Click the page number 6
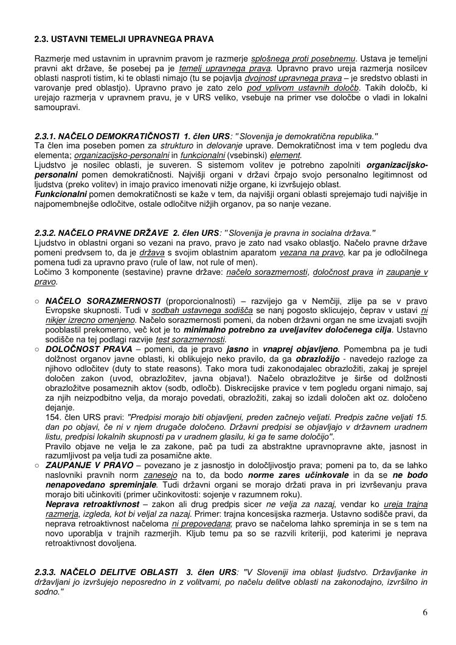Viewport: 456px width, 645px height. pyautogui.click(x=425, y=612)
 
